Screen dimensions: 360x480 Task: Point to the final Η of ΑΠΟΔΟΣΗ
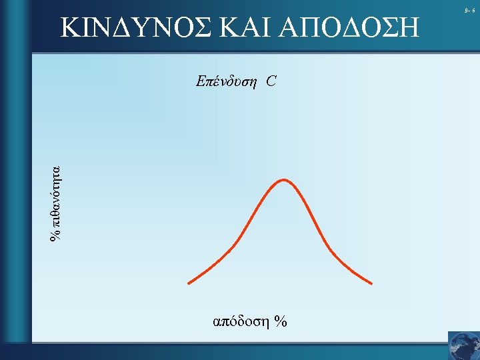(x=413, y=27)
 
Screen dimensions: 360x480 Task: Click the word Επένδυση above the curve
(x=227, y=82)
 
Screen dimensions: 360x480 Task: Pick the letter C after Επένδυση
(x=271, y=82)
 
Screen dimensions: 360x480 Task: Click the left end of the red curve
(x=189, y=283)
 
